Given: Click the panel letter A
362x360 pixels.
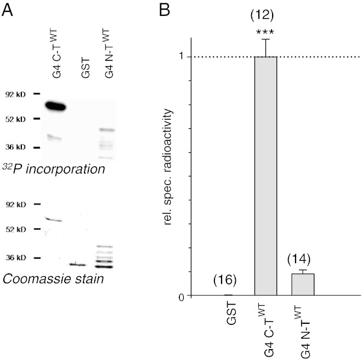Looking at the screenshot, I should pos(8,9).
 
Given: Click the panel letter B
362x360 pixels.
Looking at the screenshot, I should pos(165,9).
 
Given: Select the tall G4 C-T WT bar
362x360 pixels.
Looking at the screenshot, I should pos(266,175).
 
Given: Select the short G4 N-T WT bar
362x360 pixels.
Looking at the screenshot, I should pos(303,284).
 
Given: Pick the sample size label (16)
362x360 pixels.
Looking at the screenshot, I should pos(225,281).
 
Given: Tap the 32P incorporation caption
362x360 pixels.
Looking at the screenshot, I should pos(54,170).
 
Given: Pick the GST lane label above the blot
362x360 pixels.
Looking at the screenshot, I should pos(85,71).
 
